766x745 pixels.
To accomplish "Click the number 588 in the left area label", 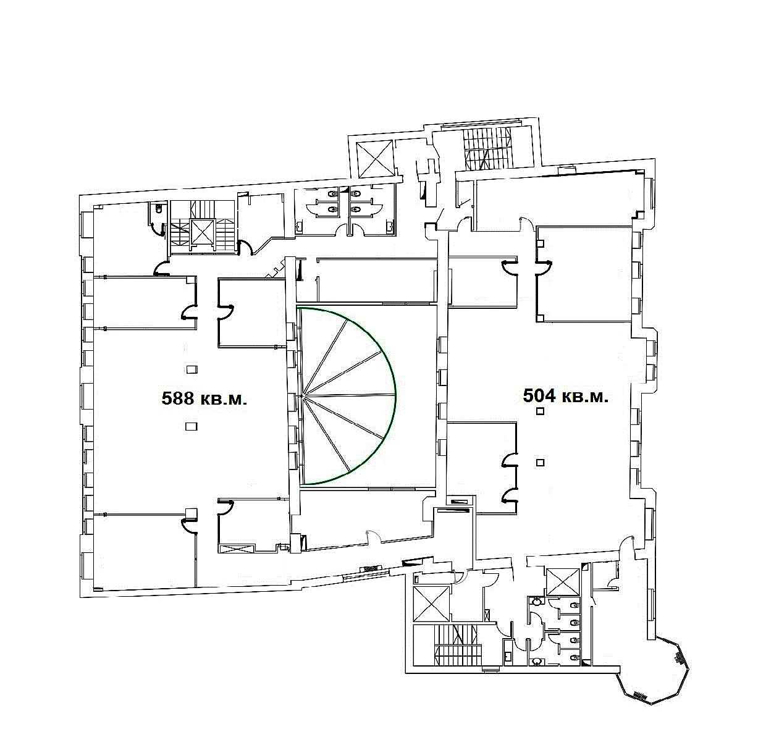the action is (x=178, y=398).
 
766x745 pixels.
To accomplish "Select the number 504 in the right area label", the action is (x=539, y=395).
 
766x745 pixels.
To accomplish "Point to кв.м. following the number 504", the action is (x=586, y=397).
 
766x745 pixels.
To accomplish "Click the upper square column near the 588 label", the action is (x=192, y=369).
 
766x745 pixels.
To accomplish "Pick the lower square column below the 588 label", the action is (x=192, y=426).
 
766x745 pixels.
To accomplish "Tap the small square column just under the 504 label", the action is (x=541, y=411).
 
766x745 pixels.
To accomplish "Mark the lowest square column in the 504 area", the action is (x=541, y=463).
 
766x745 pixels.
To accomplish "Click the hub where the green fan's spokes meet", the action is (x=303, y=395).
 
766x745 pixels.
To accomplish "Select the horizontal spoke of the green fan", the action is (x=348, y=395).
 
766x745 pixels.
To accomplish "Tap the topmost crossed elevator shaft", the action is (x=374, y=159).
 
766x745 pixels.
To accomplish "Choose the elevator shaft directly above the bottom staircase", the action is (x=431, y=604).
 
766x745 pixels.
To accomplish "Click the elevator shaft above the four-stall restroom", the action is (x=563, y=582).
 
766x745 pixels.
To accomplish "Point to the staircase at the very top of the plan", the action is (x=488, y=148).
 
